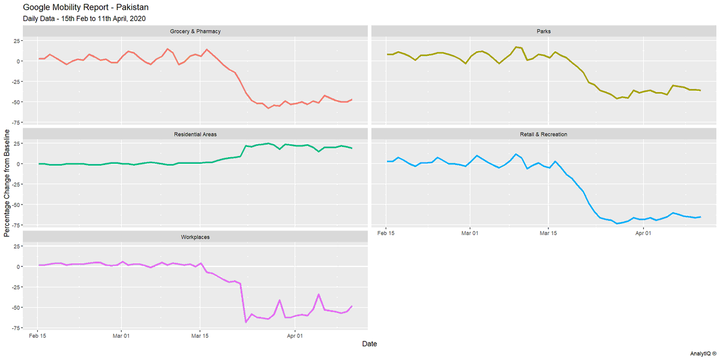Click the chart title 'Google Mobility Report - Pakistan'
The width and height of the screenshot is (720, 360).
pyautogui.click(x=85, y=7)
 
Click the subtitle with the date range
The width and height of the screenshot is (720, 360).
pyautogui.click(x=84, y=19)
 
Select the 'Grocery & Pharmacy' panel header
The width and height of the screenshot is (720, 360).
pyautogui.click(x=195, y=31)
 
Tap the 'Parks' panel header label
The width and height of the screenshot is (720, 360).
pyautogui.click(x=544, y=31)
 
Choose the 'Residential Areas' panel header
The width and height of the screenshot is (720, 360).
pyautogui.click(x=195, y=134)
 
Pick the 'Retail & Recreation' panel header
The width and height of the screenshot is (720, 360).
pyautogui.click(x=544, y=134)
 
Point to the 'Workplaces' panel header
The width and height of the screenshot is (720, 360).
pyautogui.click(x=195, y=237)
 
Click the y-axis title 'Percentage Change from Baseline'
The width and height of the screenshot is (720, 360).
pyautogui.click(x=7, y=183)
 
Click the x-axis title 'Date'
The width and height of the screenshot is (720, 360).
pyautogui.click(x=370, y=344)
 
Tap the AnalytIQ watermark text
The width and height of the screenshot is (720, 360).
pyautogui.click(x=703, y=353)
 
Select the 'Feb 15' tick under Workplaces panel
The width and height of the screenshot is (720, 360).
pyautogui.click(x=37, y=336)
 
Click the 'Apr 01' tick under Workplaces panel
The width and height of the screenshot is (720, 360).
pyautogui.click(x=295, y=336)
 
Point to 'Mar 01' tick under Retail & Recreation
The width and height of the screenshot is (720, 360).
pyautogui.click(x=470, y=233)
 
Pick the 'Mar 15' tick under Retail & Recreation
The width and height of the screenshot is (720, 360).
pyautogui.click(x=548, y=233)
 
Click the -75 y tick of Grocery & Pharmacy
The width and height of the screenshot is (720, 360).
pyautogui.click(x=16, y=122)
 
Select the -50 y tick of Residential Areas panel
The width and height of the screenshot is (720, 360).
pyautogui.click(x=16, y=205)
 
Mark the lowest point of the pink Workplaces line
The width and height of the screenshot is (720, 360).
pyautogui.click(x=246, y=322)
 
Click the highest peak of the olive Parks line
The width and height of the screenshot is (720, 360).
pyautogui.click(x=516, y=47)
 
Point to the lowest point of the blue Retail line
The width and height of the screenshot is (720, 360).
pyautogui.click(x=617, y=223)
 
